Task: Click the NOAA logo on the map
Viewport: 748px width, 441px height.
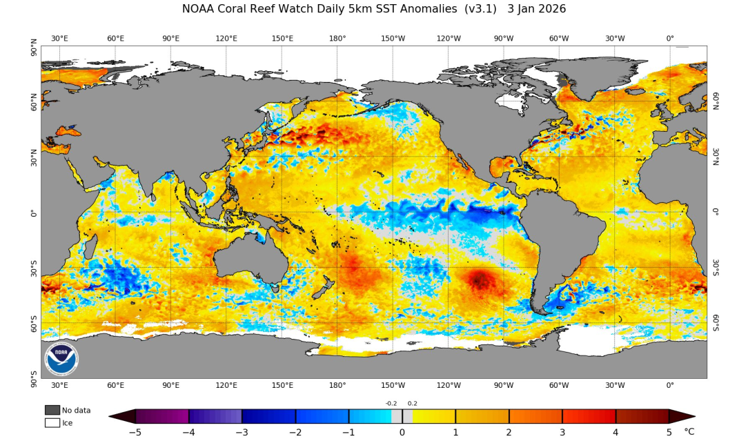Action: tap(62, 359)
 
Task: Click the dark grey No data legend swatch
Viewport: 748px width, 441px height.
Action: tap(52, 410)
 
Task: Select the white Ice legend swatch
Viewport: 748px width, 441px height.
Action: tap(52, 423)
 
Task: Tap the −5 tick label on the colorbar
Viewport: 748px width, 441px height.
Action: tap(135, 432)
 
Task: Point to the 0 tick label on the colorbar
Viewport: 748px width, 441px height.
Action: tap(402, 432)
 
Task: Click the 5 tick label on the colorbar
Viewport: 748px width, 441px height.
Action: tap(669, 432)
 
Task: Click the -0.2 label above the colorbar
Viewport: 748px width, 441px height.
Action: tap(391, 404)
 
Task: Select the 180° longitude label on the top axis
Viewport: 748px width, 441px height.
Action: tap(337, 39)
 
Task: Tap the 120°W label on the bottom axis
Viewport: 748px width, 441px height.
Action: tap(449, 385)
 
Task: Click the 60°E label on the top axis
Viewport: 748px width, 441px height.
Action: tap(115, 39)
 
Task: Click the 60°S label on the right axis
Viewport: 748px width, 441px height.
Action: tap(716, 323)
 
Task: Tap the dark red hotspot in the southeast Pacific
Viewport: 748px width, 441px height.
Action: tap(480, 280)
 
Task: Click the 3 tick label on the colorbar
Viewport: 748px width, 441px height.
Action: tap(562, 432)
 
